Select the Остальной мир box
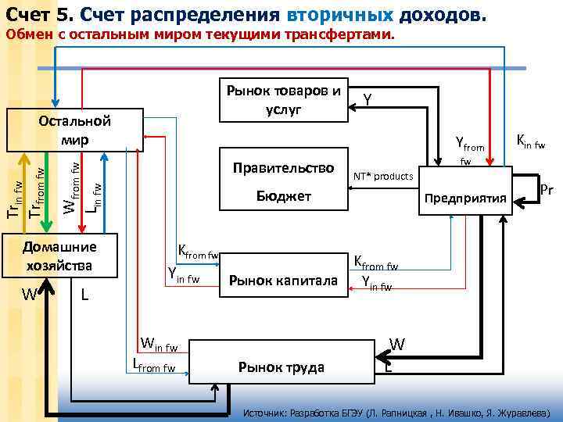74,131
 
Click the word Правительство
283,168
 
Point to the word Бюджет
284,196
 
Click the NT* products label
382,176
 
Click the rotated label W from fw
70,188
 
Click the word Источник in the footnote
271,412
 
